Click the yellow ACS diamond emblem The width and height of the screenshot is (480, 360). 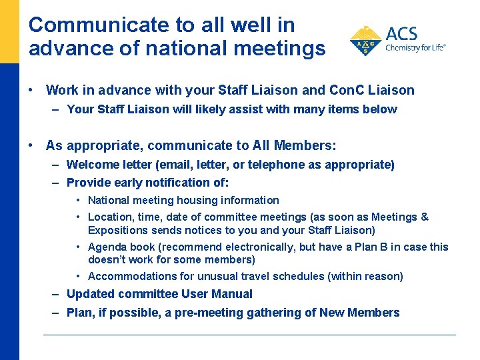coord(365,41)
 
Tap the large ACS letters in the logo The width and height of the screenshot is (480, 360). coord(403,34)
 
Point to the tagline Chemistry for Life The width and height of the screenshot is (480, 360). coord(415,48)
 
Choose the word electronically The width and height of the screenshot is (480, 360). coord(243,247)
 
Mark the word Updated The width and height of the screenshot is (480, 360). coord(89,294)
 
